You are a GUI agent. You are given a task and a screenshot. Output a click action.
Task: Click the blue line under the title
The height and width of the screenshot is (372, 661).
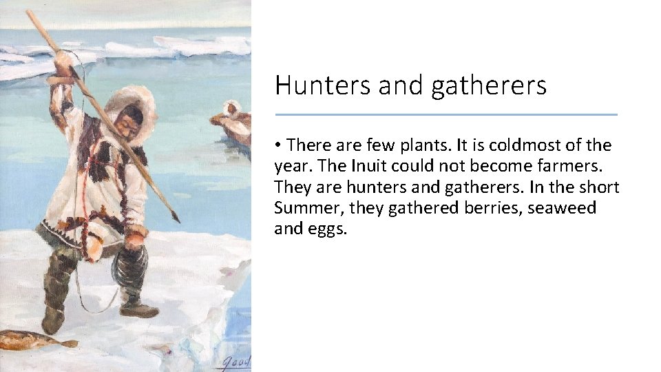click(446, 114)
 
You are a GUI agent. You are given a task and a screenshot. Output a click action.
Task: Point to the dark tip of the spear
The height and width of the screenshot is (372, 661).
click(176, 216)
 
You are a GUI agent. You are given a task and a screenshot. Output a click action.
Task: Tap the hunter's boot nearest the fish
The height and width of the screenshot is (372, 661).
click(54, 317)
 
